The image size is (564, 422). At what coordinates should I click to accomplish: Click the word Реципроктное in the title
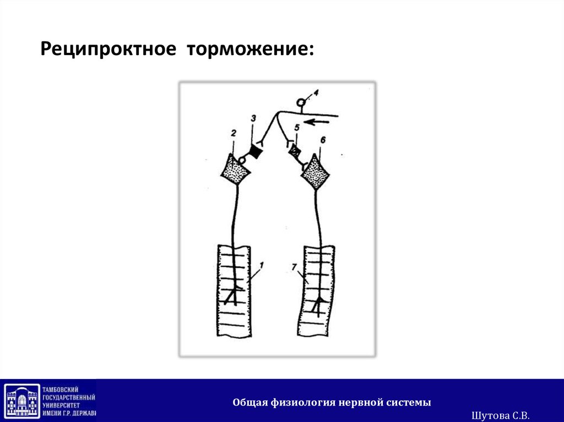point(107,51)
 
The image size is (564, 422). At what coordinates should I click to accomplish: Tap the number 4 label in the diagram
point(315,92)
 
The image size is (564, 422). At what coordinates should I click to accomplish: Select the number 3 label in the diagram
point(253,118)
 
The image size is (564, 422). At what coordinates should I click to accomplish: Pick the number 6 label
point(323,140)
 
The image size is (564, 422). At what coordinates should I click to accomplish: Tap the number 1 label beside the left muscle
point(262,266)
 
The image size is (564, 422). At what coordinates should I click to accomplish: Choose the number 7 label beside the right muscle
point(295,267)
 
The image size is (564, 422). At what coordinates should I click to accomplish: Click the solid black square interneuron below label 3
point(255,150)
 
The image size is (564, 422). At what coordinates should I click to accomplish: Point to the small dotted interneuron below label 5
point(296,149)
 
